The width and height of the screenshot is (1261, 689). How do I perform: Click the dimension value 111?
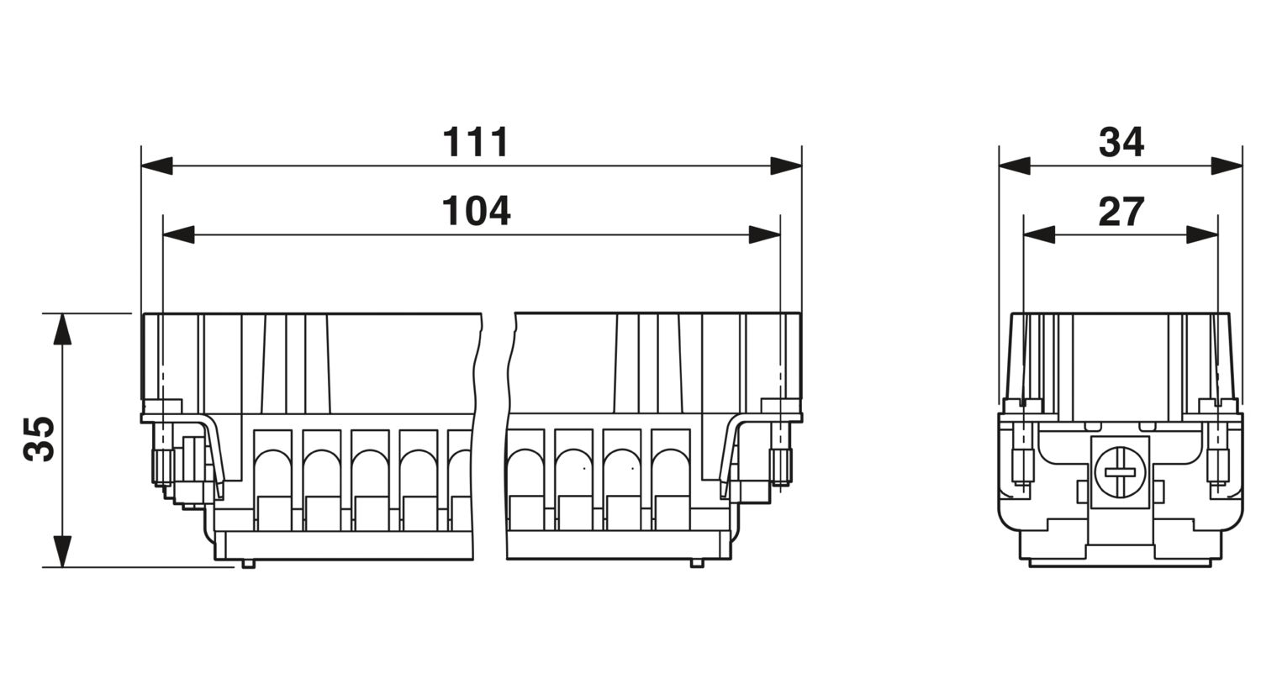[476, 142]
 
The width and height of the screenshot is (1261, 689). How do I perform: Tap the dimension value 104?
[477, 211]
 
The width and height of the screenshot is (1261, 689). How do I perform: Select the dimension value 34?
[1121, 142]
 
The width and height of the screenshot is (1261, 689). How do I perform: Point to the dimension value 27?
[1121, 212]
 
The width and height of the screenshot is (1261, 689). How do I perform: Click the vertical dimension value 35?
[40, 439]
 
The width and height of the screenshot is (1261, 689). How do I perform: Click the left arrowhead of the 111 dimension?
[157, 166]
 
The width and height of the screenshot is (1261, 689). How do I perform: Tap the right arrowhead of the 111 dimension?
[786, 166]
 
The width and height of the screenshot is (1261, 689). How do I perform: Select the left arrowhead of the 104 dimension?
[178, 234]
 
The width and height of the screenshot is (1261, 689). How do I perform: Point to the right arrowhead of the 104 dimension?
[764, 234]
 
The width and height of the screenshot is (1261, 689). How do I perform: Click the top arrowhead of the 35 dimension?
[62, 329]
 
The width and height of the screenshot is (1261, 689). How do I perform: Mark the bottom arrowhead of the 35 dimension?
[62, 551]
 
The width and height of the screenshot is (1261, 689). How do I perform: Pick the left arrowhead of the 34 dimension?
[1015, 166]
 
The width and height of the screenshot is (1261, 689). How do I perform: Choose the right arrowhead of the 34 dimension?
[1227, 166]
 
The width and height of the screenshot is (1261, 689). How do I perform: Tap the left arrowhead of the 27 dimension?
[1039, 234]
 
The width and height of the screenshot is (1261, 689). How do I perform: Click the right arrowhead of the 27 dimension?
[1202, 234]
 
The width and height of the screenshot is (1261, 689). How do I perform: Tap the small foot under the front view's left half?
[248, 564]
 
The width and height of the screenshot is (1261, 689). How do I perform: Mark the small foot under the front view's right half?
[697, 564]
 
